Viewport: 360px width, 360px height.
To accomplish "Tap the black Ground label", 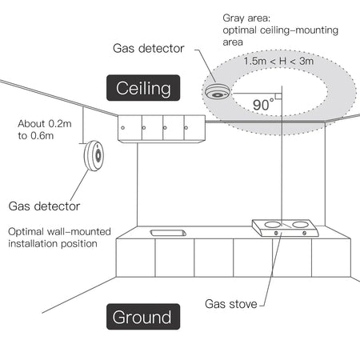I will point(141,317).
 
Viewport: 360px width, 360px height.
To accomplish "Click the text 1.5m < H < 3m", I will point(280,60).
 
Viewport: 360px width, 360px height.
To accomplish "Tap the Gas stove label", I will point(231,304).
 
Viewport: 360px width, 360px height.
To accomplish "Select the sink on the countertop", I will point(169,233).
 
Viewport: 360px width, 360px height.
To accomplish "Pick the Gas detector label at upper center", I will point(148,48).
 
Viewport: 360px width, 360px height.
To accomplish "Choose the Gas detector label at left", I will point(44,206).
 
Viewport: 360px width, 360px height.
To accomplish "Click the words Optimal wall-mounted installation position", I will point(53,237).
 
